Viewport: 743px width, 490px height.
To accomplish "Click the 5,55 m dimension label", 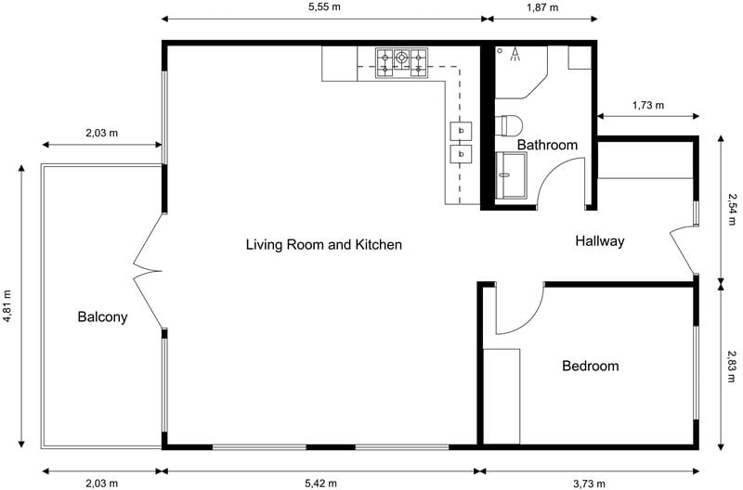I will [x=324, y=6].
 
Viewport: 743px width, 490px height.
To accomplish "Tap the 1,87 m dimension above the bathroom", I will [x=542, y=6].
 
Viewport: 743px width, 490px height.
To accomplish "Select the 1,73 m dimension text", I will [x=647, y=105].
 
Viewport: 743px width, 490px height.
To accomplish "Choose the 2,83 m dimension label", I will [x=732, y=366].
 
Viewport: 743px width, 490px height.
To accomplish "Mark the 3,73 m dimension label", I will [x=587, y=483].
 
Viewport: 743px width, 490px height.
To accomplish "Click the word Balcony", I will [x=102, y=316].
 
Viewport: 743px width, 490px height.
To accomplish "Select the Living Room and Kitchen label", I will [x=323, y=245].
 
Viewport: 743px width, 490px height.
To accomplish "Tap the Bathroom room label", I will [x=547, y=145].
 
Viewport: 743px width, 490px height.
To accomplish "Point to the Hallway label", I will [x=599, y=241].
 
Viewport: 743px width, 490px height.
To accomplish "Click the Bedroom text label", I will [x=590, y=366].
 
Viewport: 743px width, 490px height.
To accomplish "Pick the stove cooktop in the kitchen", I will [x=401, y=60].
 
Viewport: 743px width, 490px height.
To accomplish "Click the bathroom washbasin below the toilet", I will [x=511, y=176].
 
